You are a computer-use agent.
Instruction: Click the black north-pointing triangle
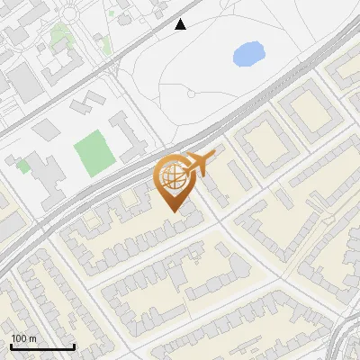[x=181, y=24]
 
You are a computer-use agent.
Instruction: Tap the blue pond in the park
[x=248, y=55]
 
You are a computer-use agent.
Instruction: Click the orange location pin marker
[x=173, y=181]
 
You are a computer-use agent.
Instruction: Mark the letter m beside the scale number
[x=32, y=338]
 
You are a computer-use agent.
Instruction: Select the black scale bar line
[x=42, y=347]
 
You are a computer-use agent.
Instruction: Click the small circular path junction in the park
[x=191, y=94]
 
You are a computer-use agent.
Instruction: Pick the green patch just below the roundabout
[x=60, y=36]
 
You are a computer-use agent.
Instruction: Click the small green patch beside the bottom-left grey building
[x=22, y=165]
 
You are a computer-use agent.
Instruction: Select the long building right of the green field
[x=129, y=135]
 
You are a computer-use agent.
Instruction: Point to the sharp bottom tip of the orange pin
[x=173, y=211]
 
